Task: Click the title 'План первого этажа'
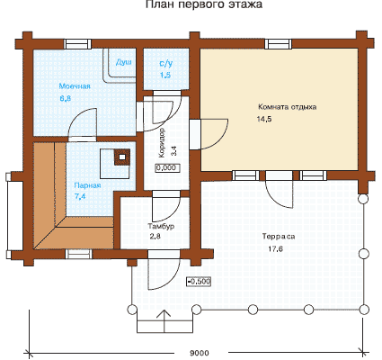point(204,4)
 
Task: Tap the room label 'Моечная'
point(75,86)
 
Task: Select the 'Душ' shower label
point(124,62)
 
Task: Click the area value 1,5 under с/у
point(165,75)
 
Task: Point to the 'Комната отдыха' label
point(287,107)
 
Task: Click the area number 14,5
point(264,119)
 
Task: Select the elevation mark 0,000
point(167,167)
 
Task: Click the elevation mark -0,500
point(199,282)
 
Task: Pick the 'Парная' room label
point(87,185)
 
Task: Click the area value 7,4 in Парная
point(80,196)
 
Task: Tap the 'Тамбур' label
point(161,226)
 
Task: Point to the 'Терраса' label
point(279,237)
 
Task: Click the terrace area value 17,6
point(275,248)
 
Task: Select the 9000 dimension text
point(200,353)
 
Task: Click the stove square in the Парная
point(121,157)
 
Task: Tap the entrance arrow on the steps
point(164,321)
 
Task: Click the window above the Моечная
point(78,44)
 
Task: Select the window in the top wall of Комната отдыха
point(278,44)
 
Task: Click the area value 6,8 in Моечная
point(66,98)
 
